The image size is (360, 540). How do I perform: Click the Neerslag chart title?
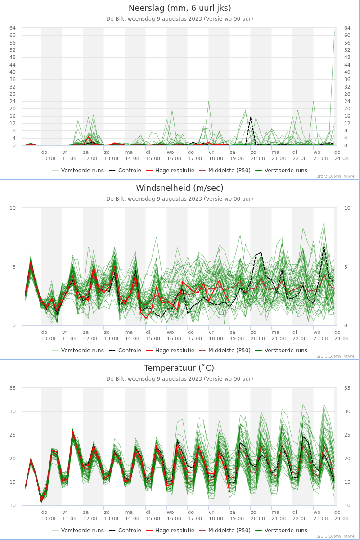180,8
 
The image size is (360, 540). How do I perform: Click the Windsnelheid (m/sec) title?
180,188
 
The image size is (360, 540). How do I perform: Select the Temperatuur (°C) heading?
179,368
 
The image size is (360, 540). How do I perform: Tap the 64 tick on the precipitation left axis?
13,28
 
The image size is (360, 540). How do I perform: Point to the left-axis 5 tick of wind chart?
14,267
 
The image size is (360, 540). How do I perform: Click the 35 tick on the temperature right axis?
347,388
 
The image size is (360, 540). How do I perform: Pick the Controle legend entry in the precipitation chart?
125,171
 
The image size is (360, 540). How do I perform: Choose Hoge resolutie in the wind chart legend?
170,350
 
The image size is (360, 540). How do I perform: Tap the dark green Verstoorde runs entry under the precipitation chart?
281,171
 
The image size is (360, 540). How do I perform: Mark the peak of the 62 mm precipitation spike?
334,31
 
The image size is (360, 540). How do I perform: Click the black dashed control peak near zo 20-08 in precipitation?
251,117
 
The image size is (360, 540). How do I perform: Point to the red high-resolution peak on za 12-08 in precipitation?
89,137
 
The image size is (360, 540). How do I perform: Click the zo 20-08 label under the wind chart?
258,335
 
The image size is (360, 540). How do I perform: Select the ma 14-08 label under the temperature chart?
132,515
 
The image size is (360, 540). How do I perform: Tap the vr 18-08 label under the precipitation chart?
216,155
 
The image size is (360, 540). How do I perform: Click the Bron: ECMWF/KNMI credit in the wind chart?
336,356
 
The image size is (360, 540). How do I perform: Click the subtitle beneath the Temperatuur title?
180,379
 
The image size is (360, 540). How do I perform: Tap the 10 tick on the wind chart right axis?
347,208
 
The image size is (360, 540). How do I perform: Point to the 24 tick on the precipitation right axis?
347,101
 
